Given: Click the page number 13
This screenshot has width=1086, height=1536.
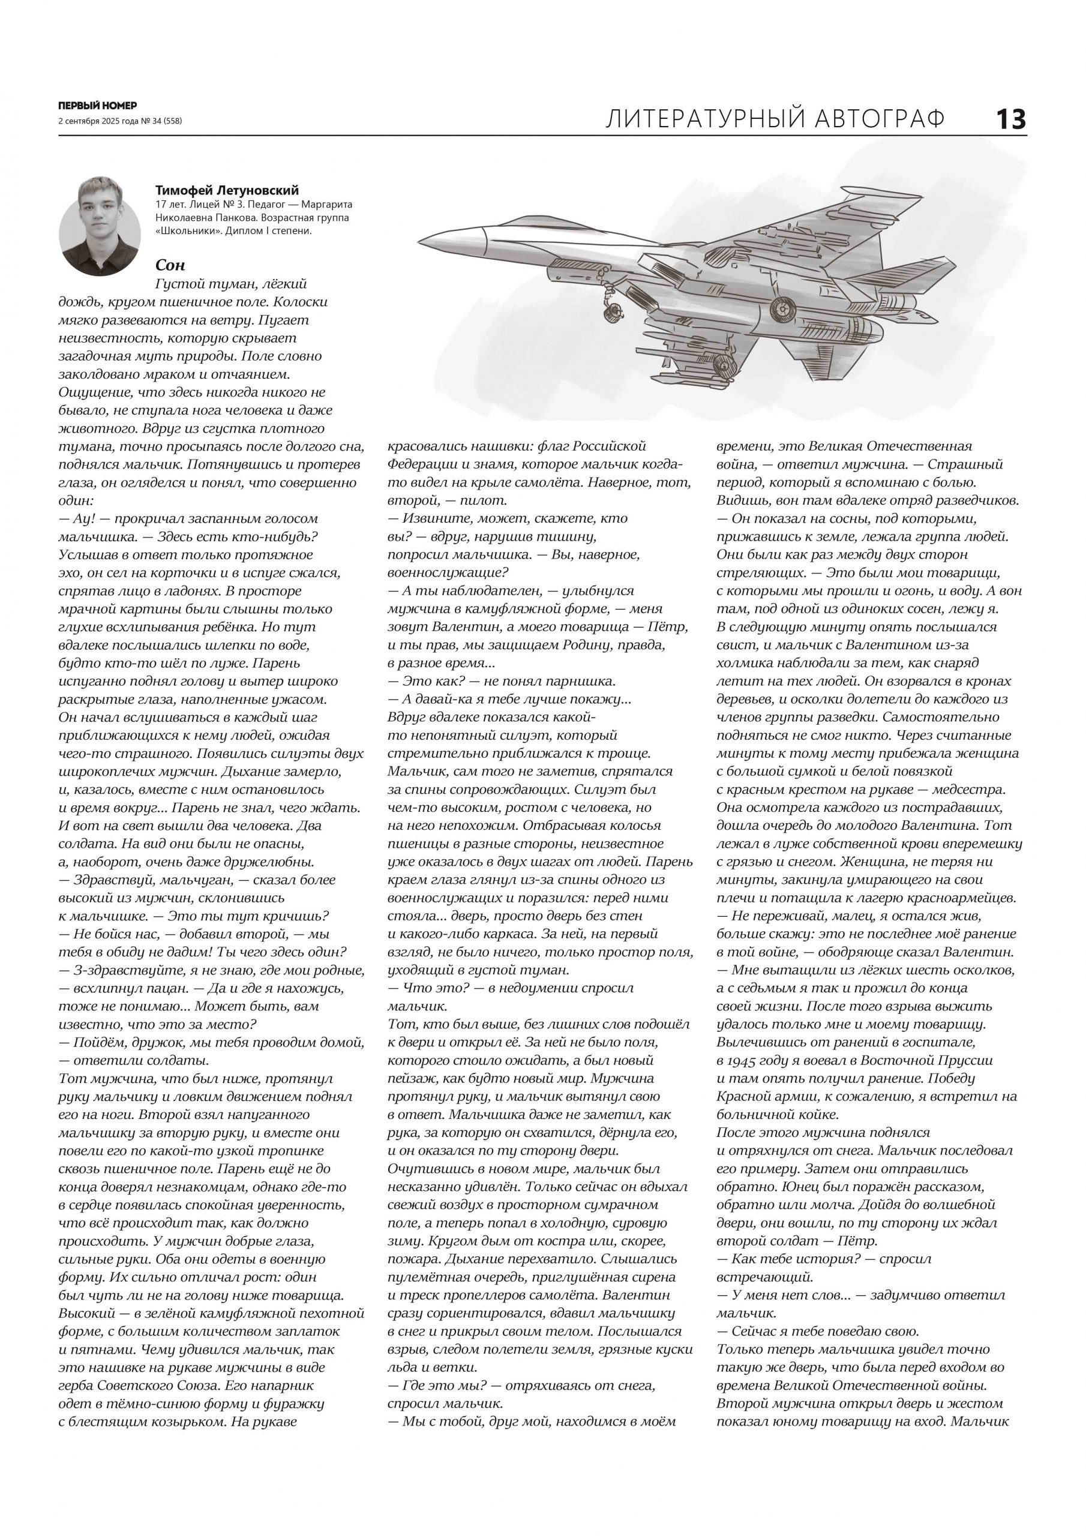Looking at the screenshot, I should (1010, 120).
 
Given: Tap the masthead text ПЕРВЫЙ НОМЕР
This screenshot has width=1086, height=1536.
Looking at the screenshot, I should (97, 106).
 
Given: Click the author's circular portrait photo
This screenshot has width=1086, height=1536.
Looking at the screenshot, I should (100, 225).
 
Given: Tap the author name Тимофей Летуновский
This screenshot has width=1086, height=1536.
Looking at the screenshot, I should (227, 191).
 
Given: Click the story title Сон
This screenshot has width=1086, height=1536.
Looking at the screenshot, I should (170, 265).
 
